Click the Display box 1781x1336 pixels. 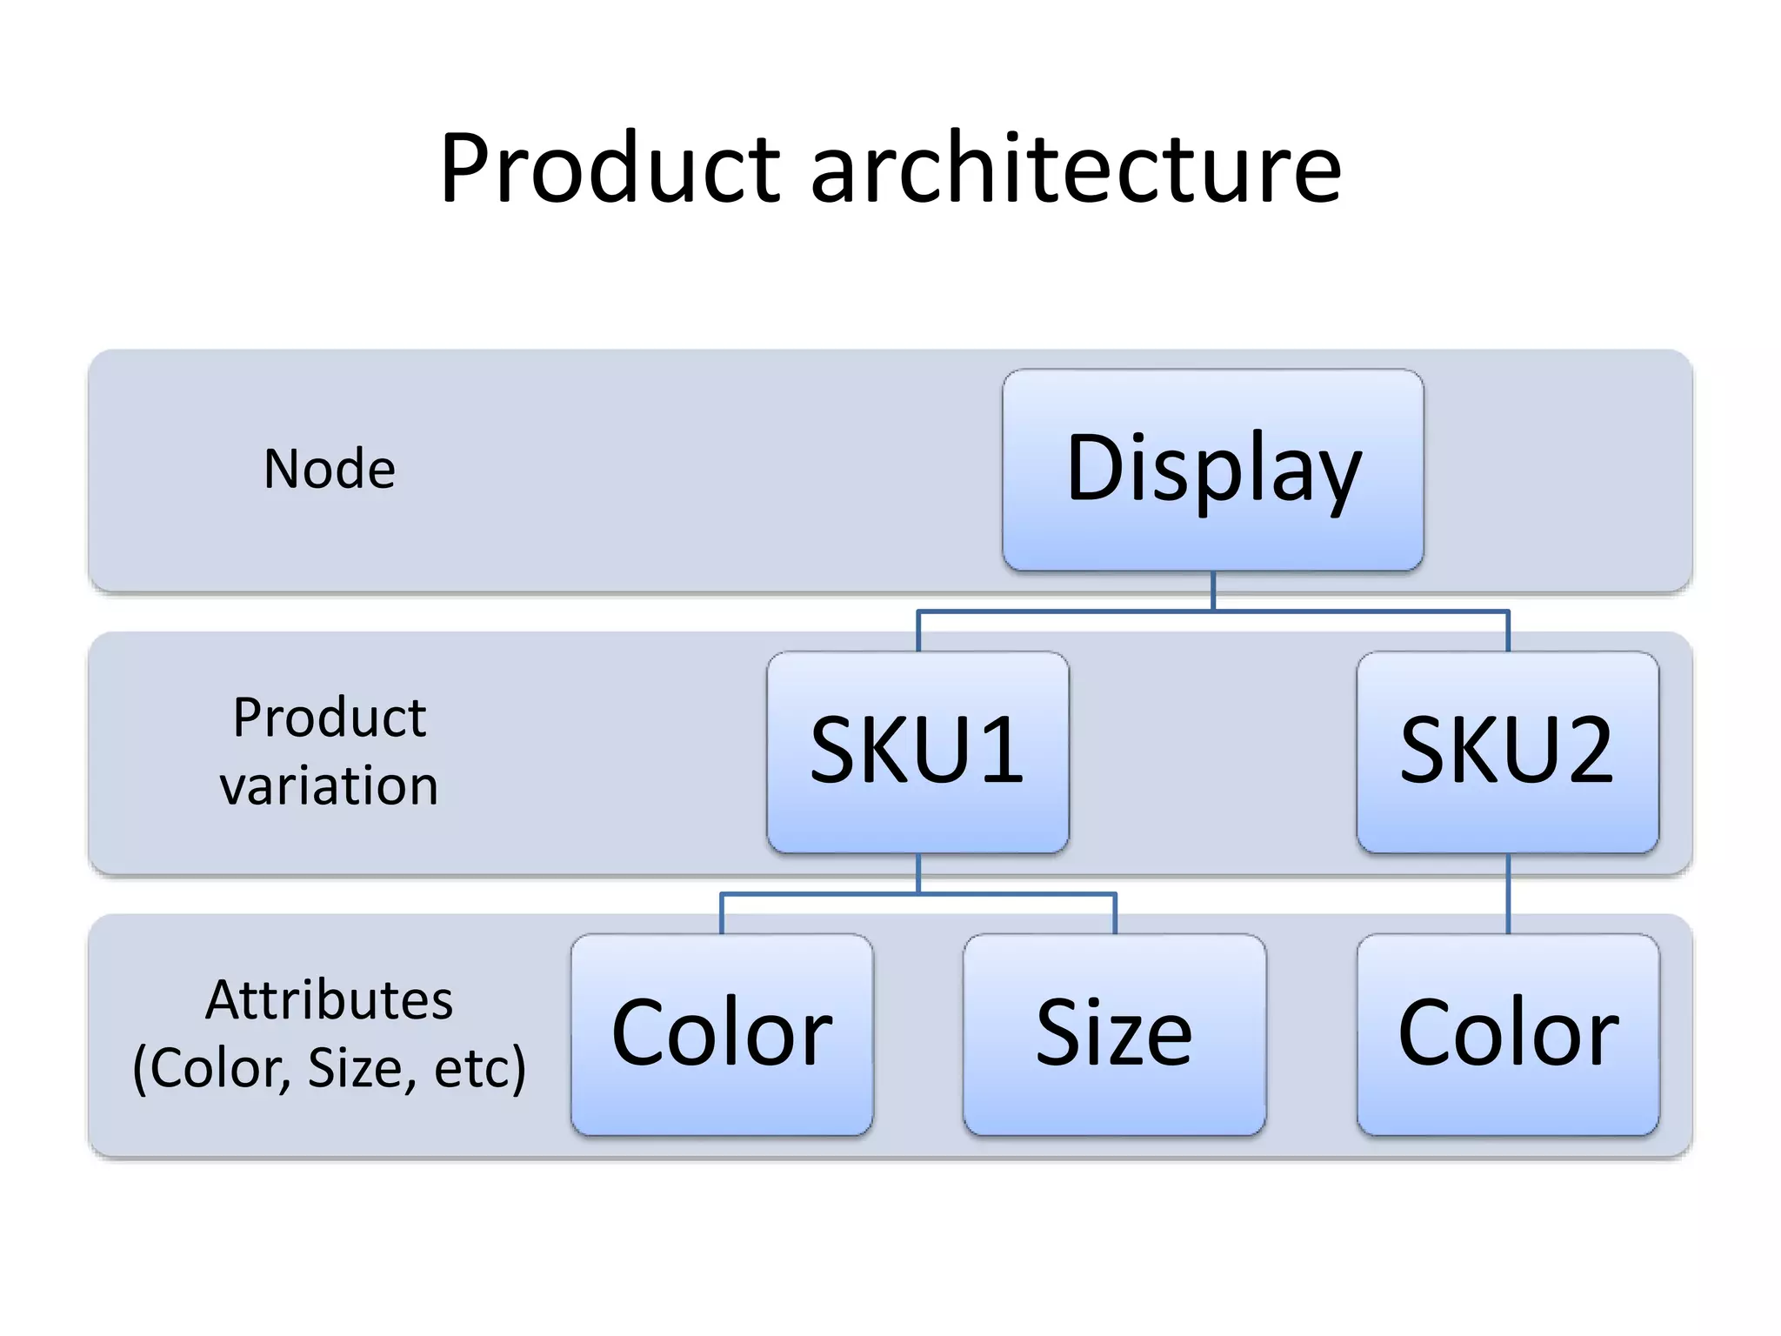point(1212,470)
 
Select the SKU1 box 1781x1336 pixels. point(917,751)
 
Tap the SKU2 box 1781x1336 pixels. point(1507,751)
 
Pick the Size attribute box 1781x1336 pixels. point(1114,1033)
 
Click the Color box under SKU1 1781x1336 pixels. point(722,1033)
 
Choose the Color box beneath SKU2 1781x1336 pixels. point(1507,1033)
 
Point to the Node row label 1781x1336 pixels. point(330,470)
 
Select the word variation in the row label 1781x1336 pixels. point(330,786)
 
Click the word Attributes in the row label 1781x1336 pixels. point(330,999)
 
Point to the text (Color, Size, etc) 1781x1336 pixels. point(330,1068)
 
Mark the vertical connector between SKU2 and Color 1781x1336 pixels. point(1508,894)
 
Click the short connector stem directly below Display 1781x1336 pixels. point(1213,591)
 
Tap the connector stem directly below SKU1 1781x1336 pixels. point(918,872)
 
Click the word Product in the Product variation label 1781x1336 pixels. point(330,718)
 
